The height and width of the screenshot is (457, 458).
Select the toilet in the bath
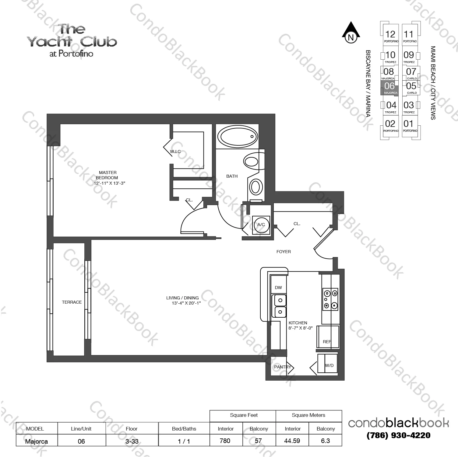click(251, 160)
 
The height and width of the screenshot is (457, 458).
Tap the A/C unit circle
click(261, 225)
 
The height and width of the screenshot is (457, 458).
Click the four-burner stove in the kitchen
click(330, 299)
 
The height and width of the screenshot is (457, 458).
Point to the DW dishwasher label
click(278, 288)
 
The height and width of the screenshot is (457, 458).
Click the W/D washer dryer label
click(329, 365)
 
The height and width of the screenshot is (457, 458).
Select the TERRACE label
click(72, 302)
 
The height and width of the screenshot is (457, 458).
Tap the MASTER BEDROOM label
click(107, 175)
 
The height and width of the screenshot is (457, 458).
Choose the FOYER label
click(284, 252)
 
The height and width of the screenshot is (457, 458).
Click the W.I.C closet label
click(175, 152)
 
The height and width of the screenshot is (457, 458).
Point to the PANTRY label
click(282, 367)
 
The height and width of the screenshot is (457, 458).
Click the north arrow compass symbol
click(351, 32)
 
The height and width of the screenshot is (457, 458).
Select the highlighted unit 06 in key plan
click(389, 88)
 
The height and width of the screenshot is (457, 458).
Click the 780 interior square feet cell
click(225, 441)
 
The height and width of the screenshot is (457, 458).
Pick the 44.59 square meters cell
click(292, 441)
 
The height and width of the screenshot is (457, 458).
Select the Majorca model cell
click(36, 441)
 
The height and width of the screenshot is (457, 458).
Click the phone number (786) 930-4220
click(398, 435)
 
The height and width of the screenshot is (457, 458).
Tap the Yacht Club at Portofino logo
click(72, 41)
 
